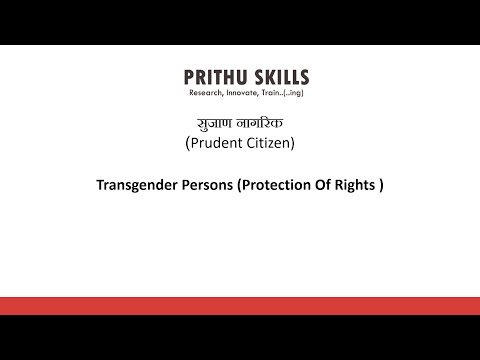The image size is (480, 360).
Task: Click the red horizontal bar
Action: (240, 306)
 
